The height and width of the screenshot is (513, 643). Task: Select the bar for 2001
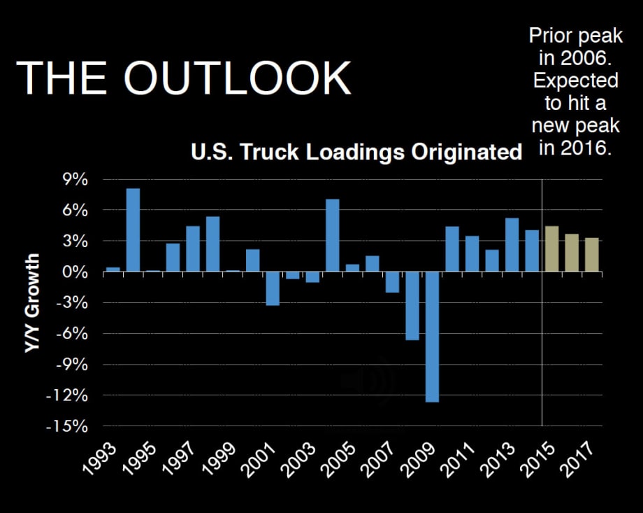(273, 288)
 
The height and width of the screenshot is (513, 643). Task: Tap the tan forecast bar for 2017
(591, 255)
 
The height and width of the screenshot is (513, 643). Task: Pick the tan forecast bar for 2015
(551, 249)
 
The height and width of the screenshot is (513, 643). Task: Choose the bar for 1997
(193, 249)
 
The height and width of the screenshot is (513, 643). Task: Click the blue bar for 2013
(512, 245)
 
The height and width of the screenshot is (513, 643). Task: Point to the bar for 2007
(392, 282)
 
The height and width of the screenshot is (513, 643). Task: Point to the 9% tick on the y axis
(73, 180)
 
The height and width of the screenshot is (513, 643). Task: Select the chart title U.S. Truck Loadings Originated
(356, 152)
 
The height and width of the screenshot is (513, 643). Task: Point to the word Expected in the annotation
(576, 80)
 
